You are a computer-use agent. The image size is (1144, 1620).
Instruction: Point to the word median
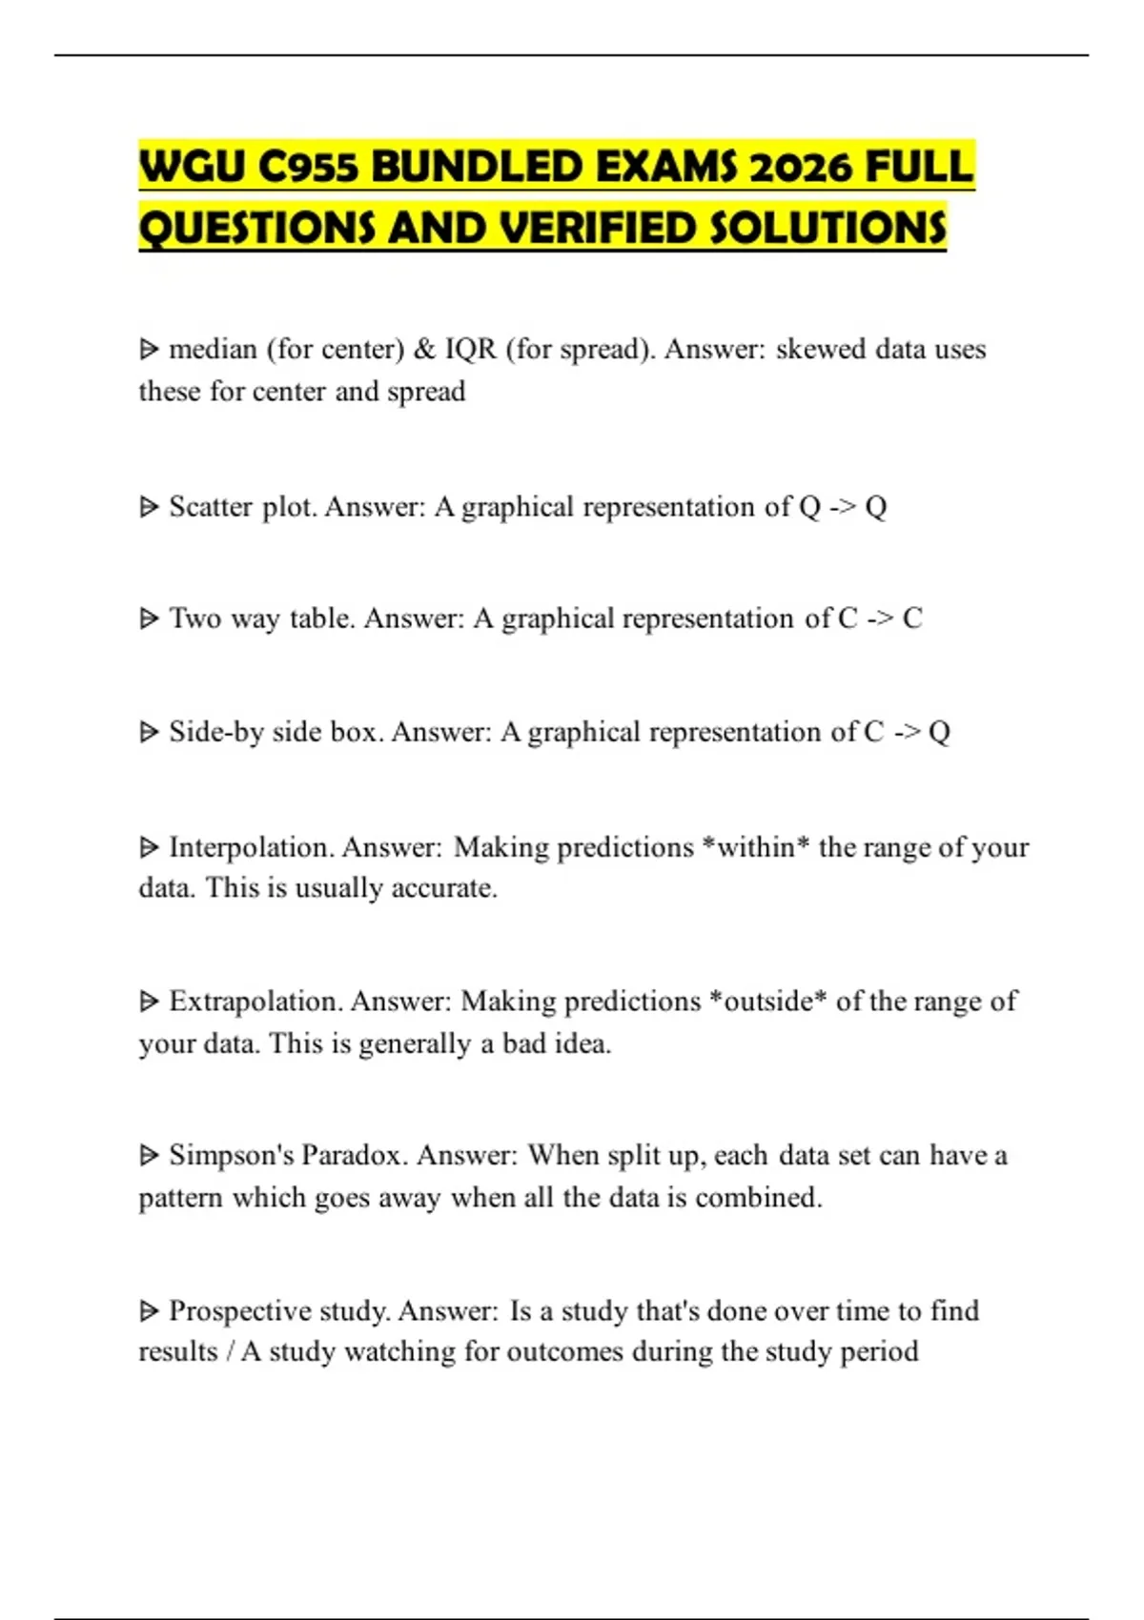coord(213,350)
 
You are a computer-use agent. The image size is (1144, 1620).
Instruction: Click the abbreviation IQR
coord(471,350)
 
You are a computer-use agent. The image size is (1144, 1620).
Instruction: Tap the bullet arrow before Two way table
coord(149,619)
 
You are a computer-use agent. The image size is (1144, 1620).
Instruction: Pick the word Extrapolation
coord(255,1002)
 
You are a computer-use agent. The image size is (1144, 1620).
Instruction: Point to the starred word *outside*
coord(768,1002)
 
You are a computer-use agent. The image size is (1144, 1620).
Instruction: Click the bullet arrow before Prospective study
coord(149,1312)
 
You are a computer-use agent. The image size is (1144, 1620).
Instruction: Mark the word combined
coord(758,1198)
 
